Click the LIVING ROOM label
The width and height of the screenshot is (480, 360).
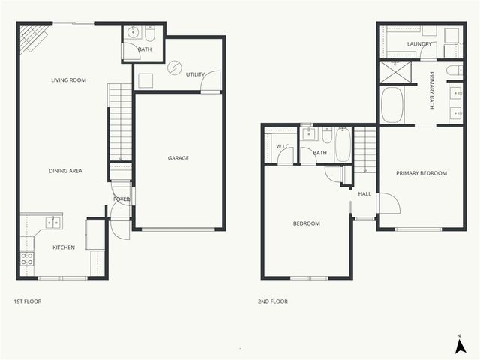[x=66, y=80]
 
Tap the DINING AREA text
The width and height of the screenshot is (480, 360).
[x=66, y=171]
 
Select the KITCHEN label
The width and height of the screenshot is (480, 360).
[x=63, y=247]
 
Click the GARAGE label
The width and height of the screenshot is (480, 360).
[x=178, y=158]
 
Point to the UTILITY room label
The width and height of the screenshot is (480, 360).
[x=196, y=74]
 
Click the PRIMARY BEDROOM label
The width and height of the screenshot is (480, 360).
[x=421, y=173]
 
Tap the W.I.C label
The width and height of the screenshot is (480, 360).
[x=283, y=146]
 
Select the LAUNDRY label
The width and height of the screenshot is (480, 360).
[x=419, y=44]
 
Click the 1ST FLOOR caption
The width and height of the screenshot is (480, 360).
[x=27, y=301]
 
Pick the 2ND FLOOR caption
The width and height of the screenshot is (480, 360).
[x=273, y=301]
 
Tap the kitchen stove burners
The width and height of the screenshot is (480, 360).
[x=27, y=259]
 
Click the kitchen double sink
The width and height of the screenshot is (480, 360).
[x=52, y=222]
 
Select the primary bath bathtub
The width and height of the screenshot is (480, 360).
[x=392, y=106]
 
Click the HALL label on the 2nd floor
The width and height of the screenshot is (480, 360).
[x=364, y=194]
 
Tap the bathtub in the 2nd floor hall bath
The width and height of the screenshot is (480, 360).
[x=343, y=145]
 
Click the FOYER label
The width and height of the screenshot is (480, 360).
[x=121, y=199]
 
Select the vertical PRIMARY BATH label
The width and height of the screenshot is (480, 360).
[x=433, y=90]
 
